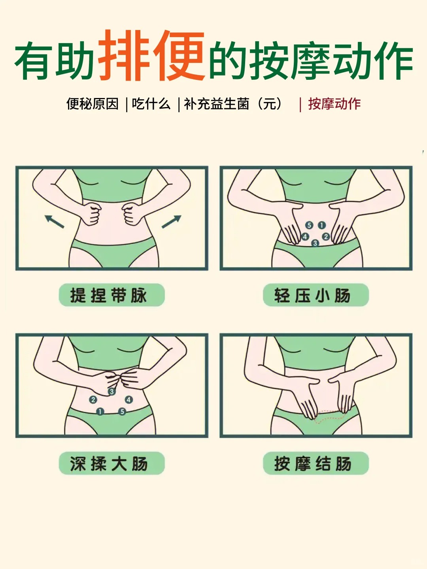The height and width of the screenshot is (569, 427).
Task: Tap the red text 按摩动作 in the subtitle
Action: click(x=334, y=104)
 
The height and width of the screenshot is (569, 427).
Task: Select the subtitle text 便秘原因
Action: click(x=93, y=104)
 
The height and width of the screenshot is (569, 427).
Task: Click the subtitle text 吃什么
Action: click(x=151, y=104)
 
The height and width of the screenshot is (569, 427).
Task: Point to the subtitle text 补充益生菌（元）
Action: click(x=233, y=104)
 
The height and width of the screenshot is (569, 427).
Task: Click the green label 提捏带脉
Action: click(x=111, y=295)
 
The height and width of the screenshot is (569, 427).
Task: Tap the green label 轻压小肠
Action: click(x=316, y=295)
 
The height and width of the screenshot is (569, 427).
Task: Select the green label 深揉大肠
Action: click(x=111, y=463)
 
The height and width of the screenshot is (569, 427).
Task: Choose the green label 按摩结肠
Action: click(x=316, y=463)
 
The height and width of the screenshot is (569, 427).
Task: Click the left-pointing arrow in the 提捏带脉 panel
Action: click(x=54, y=221)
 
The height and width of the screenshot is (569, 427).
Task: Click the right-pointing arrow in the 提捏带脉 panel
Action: click(x=171, y=221)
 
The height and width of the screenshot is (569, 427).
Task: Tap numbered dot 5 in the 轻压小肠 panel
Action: click(x=309, y=225)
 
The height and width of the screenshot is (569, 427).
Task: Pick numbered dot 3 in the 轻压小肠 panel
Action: click(x=315, y=243)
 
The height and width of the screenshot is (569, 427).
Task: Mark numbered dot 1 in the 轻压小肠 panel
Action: click(x=322, y=225)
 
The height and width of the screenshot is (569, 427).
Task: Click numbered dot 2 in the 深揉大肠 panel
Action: click(x=93, y=399)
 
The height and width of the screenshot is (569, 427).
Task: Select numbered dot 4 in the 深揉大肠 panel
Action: click(x=128, y=399)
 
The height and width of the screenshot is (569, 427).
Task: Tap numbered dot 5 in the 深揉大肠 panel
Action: click(x=122, y=412)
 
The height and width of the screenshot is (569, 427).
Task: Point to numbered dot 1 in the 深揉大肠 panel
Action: click(x=100, y=412)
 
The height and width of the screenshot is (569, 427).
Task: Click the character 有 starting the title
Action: click(x=35, y=61)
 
